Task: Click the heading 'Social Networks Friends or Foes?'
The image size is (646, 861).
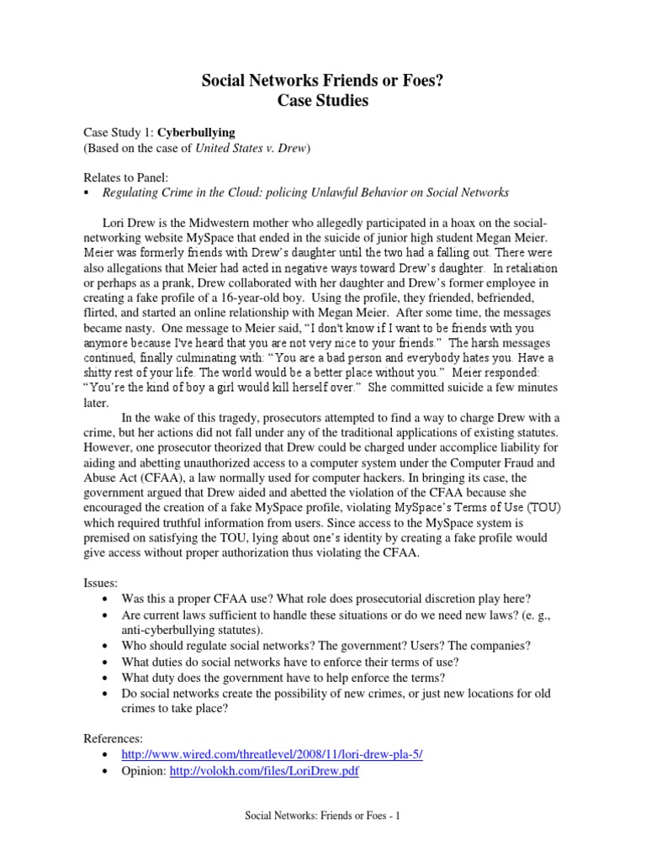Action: (x=323, y=80)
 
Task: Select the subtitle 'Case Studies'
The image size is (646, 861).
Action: (x=323, y=102)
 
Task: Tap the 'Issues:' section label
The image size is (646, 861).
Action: (x=101, y=583)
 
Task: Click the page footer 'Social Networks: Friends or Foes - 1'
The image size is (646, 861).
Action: (x=322, y=816)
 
